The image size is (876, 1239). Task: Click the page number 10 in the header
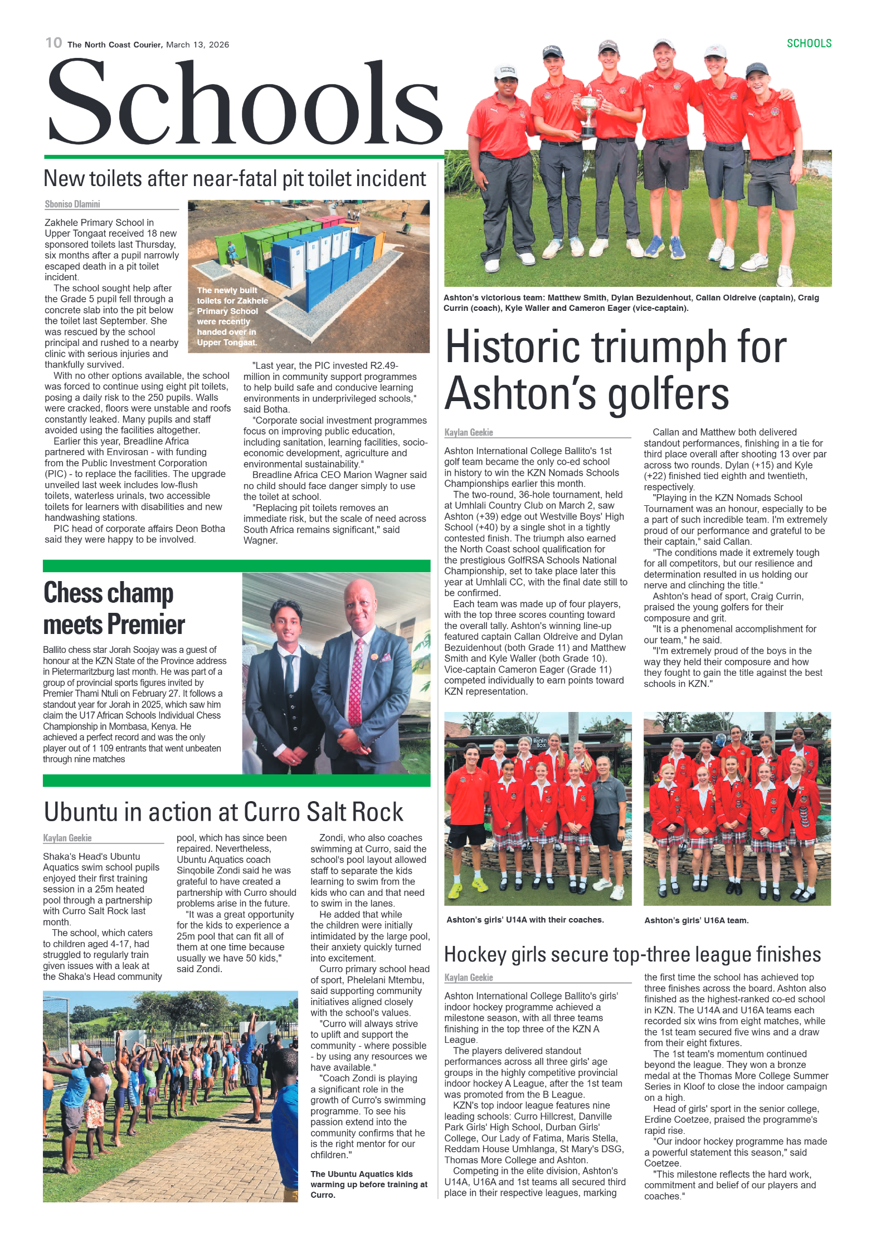coord(53,43)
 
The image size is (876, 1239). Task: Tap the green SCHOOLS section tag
coord(809,43)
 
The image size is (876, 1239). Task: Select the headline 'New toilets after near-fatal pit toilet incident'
coord(235,179)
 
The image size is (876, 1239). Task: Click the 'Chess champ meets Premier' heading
coord(114,608)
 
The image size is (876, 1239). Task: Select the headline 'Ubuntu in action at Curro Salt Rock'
coord(223,812)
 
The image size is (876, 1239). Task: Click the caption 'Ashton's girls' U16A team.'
coord(696,920)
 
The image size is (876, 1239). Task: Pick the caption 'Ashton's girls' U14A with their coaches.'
coord(525,920)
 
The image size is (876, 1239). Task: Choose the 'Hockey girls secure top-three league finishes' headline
coord(632,954)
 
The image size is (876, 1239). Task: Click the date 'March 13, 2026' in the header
coord(197,45)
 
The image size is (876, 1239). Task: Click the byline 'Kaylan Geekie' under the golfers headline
coord(469,432)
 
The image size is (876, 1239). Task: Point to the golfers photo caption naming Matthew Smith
coord(631,303)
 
